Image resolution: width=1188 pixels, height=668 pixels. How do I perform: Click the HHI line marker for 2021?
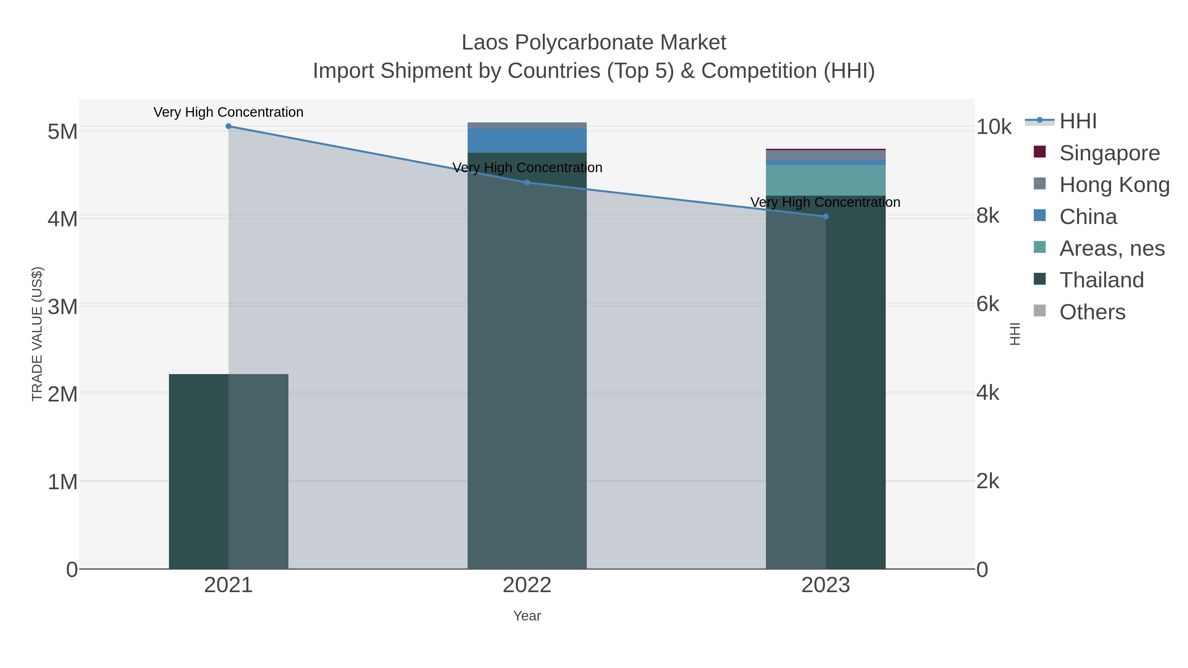(228, 126)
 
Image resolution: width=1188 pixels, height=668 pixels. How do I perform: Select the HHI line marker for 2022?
(527, 182)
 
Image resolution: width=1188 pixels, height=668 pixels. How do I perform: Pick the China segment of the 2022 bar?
(527, 141)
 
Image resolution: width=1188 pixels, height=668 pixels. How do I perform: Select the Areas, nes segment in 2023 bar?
(826, 180)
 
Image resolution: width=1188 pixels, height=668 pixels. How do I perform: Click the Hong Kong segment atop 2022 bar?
(527, 125)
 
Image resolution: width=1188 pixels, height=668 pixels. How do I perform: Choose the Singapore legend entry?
(1109, 153)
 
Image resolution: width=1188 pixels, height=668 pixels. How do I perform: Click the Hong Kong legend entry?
(1113, 185)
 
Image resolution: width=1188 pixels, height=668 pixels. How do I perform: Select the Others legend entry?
(1092, 312)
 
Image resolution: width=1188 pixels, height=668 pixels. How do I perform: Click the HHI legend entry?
(1077, 121)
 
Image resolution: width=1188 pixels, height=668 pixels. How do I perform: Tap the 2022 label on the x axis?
(527, 586)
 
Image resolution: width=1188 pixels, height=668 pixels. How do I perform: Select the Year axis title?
(527, 616)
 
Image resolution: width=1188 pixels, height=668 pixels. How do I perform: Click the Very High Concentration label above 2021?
(228, 112)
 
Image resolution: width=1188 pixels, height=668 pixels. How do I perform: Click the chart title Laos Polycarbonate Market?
(594, 43)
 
